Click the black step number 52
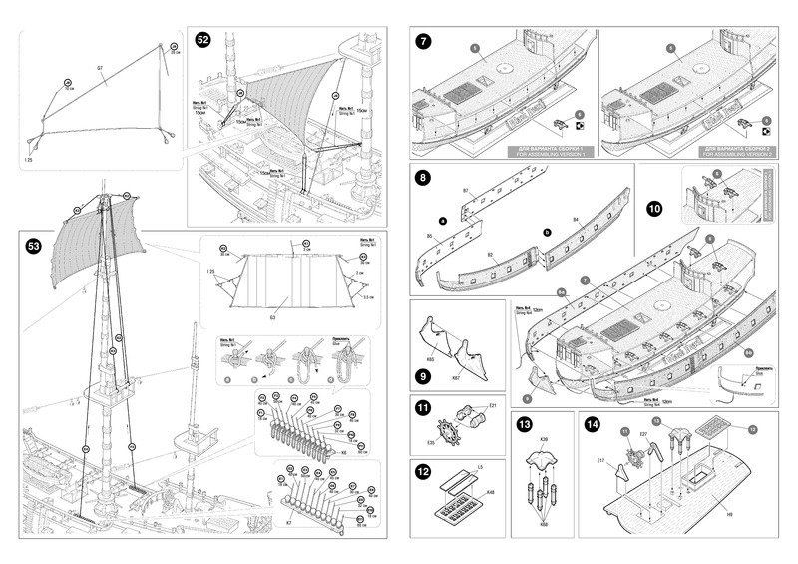(x=203, y=40)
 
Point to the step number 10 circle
(x=653, y=209)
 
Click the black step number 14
(x=594, y=424)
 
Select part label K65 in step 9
(x=431, y=355)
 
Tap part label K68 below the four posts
(x=545, y=524)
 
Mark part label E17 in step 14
(x=602, y=460)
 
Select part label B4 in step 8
(x=577, y=218)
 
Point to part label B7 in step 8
(x=466, y=190)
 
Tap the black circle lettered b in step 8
(x=548, y=232)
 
